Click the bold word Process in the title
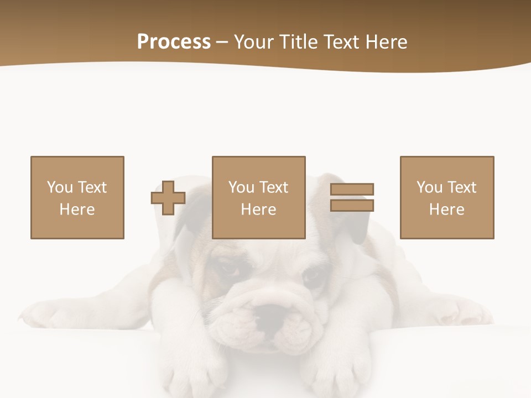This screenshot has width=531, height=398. (174, 42)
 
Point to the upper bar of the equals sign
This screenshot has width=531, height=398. (352, 190)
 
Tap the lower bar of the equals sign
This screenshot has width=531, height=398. (352, 206)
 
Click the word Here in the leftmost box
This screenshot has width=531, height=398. (77, 210)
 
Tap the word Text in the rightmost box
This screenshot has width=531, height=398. (462, 187)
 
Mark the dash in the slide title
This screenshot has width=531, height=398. (222, 42)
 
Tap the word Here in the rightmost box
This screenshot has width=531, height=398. (446, 210)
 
